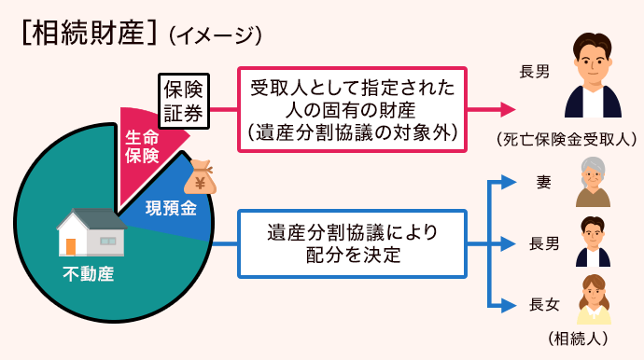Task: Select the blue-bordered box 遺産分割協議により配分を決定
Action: pos(352,243)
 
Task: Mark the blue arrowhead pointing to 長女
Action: pos(510,304)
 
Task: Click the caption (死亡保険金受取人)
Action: pos(567,139)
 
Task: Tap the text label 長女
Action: pos(544,304)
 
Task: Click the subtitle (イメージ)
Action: pos(213,35)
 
